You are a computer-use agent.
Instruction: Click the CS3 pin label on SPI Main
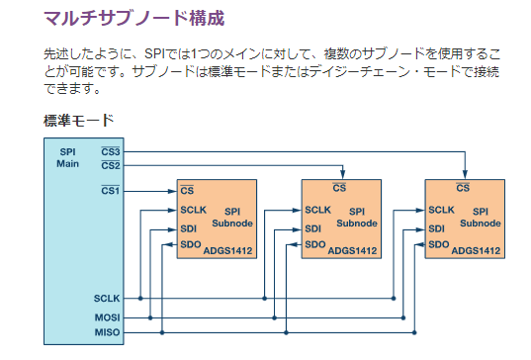(x=111, y=151)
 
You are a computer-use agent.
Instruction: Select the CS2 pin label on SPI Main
(x=111, y=165)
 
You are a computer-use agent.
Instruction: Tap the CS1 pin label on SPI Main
(x=111, y=191)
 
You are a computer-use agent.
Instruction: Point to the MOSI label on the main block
(x=107, y=317)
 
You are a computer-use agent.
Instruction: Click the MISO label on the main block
(x=107, y=332)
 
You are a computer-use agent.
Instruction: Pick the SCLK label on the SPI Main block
(x=107, y=299)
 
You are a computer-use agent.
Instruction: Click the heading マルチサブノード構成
(x=134, y=18)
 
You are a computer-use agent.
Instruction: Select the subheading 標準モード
(x=78, y=121)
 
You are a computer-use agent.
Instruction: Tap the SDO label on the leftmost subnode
(x=191, y=244)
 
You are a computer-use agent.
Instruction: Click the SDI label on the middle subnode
(x=312, y=228)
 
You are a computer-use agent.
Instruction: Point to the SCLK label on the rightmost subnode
(x=441, y=210)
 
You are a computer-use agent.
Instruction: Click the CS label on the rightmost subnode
(x=463, y=187)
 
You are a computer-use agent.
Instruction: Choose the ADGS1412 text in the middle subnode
(x=352, y=251)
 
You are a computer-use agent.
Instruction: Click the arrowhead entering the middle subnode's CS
(x=343, y=174)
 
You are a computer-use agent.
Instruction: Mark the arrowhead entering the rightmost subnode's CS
(x=465, y=174)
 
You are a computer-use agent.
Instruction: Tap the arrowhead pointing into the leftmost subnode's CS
(x=173, y=191)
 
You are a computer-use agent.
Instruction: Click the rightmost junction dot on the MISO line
(x=414, y=332)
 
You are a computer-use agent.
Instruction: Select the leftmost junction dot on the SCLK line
(x=140, y=299)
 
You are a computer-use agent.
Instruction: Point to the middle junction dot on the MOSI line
(x=274, y=317)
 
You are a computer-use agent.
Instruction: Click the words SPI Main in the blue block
(x=67, y=158)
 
